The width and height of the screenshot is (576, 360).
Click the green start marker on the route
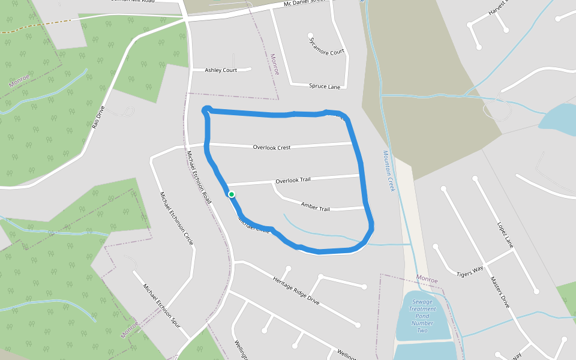coord(231,194)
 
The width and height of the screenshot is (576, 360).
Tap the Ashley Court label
coord(221,70)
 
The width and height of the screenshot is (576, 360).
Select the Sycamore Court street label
coord(327,47)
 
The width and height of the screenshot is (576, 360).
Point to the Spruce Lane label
coord(325,86)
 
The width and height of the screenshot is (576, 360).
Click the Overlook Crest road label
coord(271,147)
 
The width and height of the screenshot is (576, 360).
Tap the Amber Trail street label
coord(316,208)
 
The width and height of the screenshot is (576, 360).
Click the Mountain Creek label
coord(389,171)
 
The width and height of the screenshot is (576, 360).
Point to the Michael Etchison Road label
coord(199,177)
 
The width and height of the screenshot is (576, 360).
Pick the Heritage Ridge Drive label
coord(296,291)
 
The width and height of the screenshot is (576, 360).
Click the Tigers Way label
coord(470,269)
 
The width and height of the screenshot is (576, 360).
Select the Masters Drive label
coord(499,292)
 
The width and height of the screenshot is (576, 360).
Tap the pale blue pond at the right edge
coord(558,117)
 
